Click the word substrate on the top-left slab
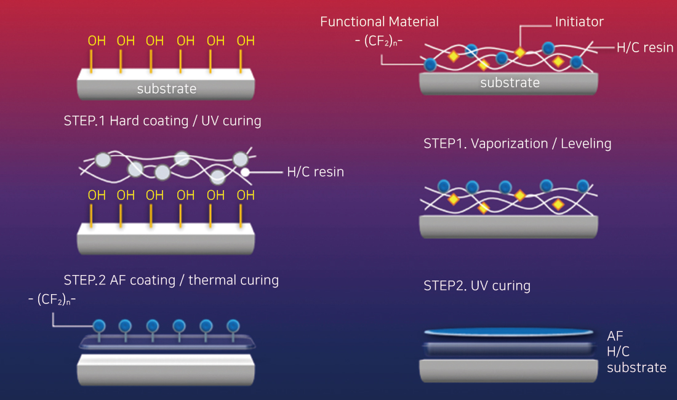point(167,89)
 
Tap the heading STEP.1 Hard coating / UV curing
point(162,121)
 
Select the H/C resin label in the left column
point(315,172)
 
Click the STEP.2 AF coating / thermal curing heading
point(171,281)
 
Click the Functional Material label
point(379,22)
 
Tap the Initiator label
point(579,22)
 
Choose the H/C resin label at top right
point(644,47)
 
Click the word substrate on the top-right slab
point(510,82)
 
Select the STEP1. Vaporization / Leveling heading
point(517,144)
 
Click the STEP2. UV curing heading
point(477,286)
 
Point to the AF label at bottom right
point(615,336)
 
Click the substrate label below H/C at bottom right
point(636,368)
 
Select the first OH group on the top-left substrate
point(97,41)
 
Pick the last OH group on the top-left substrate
point(246,41)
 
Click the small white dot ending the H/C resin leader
point(245,173)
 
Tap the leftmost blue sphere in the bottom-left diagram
point(98,326)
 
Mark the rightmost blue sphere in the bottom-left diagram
point(233,326)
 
